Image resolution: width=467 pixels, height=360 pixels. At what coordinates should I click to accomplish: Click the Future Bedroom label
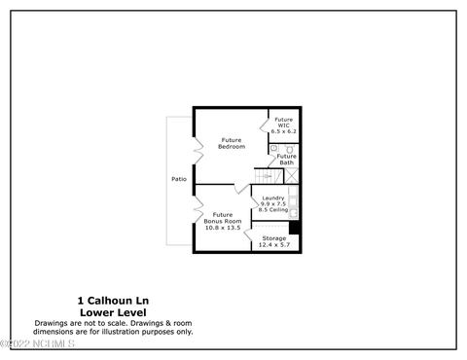pyautogui.click(x=232, y=143)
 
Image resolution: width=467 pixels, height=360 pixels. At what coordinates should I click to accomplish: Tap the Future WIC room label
pyautogui.click(x=283, y=123)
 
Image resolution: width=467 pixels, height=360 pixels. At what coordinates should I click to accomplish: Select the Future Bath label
pyautogui.click(x=286, y=160)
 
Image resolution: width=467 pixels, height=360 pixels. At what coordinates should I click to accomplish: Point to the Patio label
pyautogui.click(x=179, y=179)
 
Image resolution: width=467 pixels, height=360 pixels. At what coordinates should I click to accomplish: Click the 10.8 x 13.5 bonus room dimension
pyautogui.click(x=223, y=228)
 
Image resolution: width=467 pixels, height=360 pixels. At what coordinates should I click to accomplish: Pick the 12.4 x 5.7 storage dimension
pyautogui.click(x=274, y=245)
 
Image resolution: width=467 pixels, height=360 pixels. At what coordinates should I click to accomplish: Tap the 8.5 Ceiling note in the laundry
pyautogui.click(x=273, y=209)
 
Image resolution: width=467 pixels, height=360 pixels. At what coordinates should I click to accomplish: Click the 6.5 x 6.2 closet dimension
pyautogui.click(x=284, y=131)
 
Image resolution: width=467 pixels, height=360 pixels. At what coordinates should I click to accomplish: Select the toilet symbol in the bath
pyautogui.click(x=289, y=150)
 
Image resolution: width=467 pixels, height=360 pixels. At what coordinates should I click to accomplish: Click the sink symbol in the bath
pyautogui.click(x=274, y=148)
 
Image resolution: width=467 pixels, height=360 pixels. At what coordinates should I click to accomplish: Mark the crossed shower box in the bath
pyautogui.click(x=291, y=176)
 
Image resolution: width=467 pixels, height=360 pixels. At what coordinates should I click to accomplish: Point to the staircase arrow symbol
pyautogui.click(x=268, y=176)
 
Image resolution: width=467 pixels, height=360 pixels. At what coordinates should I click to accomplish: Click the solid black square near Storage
pyautogui.click(x=294, y=228)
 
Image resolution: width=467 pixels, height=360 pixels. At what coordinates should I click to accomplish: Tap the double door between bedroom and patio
pyautogui.click(x=198, y=150)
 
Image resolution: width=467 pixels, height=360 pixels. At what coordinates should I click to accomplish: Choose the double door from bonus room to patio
pyautogui.click(x=198, y=209)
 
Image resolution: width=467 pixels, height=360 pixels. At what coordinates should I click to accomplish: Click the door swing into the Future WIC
pyautogui.click(x=265, y=125)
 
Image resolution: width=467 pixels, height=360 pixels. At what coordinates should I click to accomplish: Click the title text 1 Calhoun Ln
pyautogui.click(x=113, y=301)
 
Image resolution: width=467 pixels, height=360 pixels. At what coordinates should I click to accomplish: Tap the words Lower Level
pyautogui.click(x=113, y=312)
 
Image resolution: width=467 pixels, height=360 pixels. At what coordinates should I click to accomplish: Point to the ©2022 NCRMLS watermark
pyautogui.click(x=37, y=343)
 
